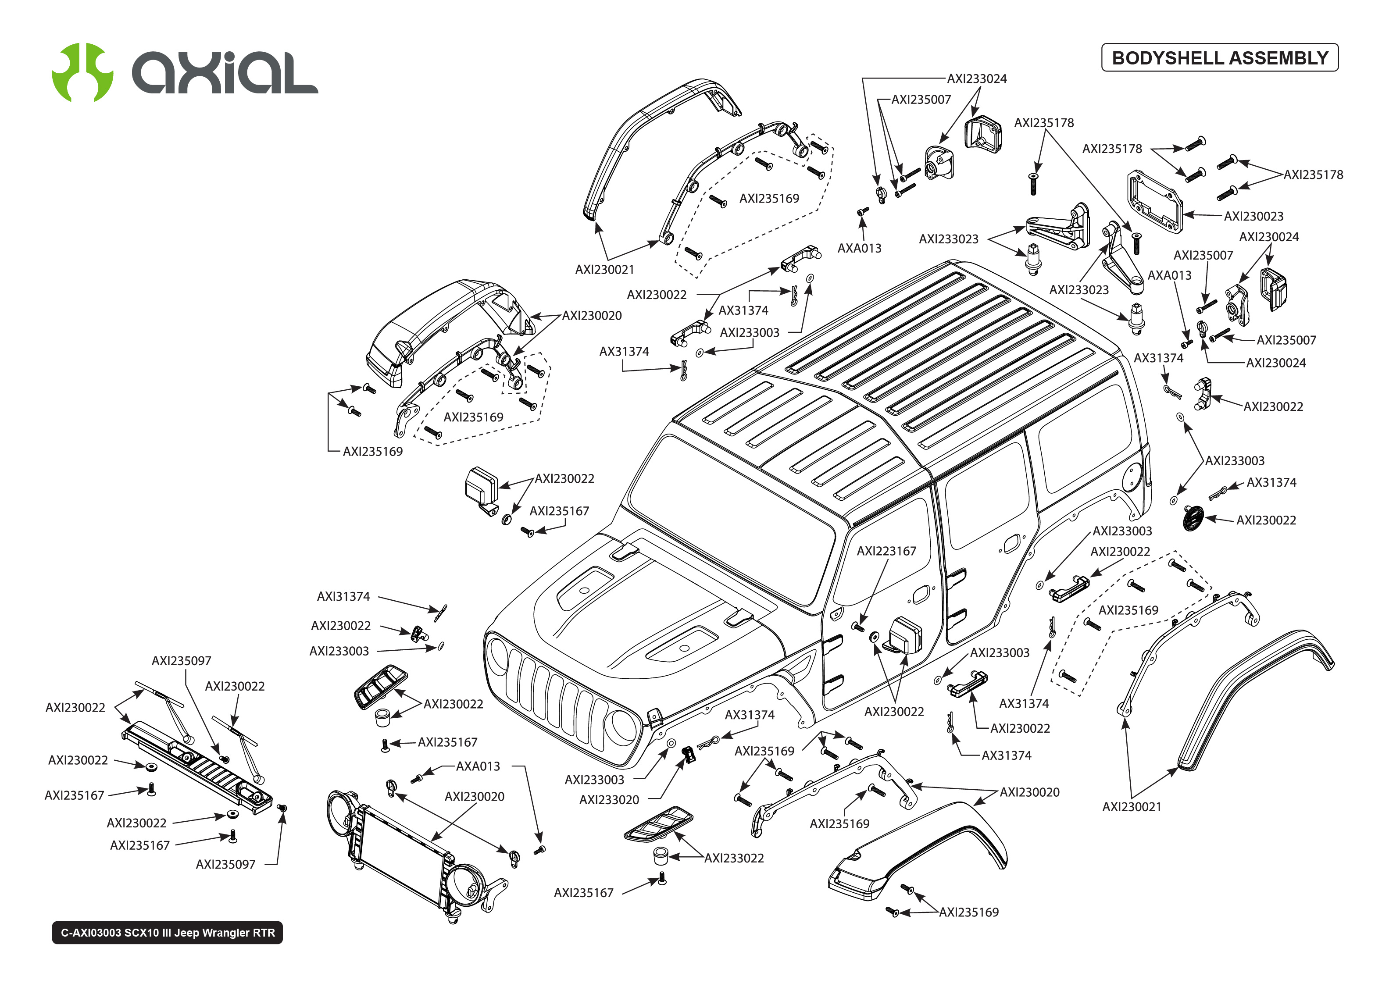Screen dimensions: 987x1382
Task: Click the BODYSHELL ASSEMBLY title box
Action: (x=1219, y=58)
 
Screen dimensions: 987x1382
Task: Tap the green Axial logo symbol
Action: (x=82, y=72)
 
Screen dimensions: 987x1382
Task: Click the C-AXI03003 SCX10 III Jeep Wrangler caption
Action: (x=167, y=932)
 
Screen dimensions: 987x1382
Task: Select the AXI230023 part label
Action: (x=1253, y=216)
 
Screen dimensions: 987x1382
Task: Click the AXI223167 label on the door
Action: (x=886, y=551)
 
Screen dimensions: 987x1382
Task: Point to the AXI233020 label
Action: (x=609, y=800)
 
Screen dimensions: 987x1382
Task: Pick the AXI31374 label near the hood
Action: (x=343, y=596)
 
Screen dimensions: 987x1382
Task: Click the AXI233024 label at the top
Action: (x=977, y=78)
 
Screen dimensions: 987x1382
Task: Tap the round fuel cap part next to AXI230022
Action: (x=1193, y=518)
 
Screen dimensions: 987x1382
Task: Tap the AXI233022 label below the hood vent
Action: (x=733, y=858)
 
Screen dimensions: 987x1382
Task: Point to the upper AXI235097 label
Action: (x=181, y=661)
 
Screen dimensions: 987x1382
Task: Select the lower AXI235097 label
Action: (x=225, y=864)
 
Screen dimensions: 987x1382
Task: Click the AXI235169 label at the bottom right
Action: (x=969, y=912)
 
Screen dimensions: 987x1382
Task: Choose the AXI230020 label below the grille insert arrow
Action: (x=474, y=796)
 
